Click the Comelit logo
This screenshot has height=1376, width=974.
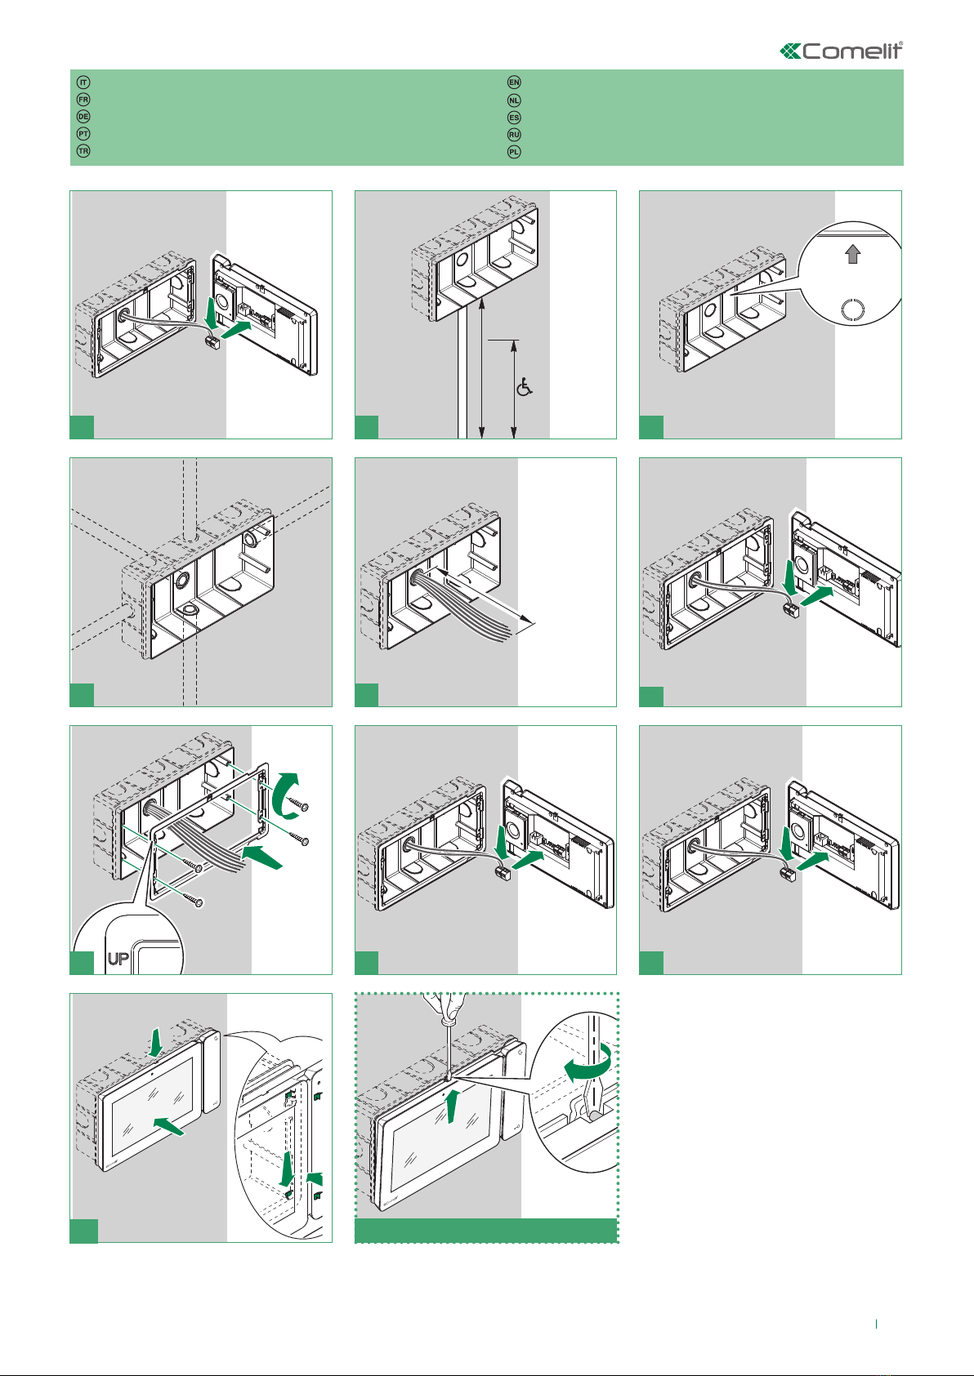(x=841, y=51)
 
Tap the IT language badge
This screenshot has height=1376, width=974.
(x=83, y=82)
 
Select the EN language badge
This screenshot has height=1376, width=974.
(x=514, y=82)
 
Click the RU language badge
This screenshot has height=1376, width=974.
(x=514, y=135)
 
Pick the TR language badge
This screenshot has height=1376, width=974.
(x=83, y=150)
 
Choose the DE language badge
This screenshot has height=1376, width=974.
(x=83, y=116)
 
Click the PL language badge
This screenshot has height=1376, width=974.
(x=514, y=152)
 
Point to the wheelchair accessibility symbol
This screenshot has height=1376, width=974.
(x=524, y=387)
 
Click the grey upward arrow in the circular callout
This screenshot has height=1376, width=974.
(x=852, y=254)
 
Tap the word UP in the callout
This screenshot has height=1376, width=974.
(x=118, y=958)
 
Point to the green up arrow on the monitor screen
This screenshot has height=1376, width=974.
(x=453, y=1106)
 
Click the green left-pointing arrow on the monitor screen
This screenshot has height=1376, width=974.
(x=168, y=1126)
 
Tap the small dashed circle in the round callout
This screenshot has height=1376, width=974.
(x=852, y=309)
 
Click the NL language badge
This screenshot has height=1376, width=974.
(x=514, y=100)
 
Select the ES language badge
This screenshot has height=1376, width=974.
(x=514, y=118)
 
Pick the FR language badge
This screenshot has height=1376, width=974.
(x=83, y=99)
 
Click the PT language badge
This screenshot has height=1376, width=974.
(x=83, y=133)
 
